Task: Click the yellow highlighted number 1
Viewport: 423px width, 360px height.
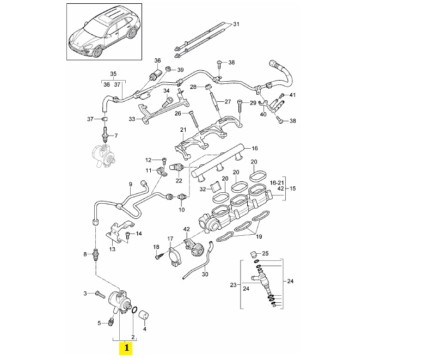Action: tap(126, 347)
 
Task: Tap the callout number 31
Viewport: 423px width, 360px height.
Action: tap(236, 25)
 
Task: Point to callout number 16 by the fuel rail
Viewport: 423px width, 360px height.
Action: tap(254, 148)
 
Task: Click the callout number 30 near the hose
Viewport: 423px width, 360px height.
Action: tap(205, 274)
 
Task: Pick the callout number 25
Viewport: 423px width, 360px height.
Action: tap(266, 253)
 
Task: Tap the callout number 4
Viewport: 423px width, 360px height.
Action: tap(144, 328)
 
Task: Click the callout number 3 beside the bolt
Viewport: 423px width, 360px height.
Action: tap(85, 294)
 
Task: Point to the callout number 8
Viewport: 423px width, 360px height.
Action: tap(85, 254)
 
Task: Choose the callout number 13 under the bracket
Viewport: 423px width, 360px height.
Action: tap(112, 249)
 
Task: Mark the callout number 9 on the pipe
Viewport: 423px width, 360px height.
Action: tap(130, 184)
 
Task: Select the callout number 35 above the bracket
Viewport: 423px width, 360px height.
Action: tap(113, 74)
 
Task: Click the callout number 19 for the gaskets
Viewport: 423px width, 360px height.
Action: tap(259, 237)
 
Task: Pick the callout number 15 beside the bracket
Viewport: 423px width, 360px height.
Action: tap(292, 188)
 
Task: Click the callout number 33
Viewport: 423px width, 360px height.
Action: tap(131, 118)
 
